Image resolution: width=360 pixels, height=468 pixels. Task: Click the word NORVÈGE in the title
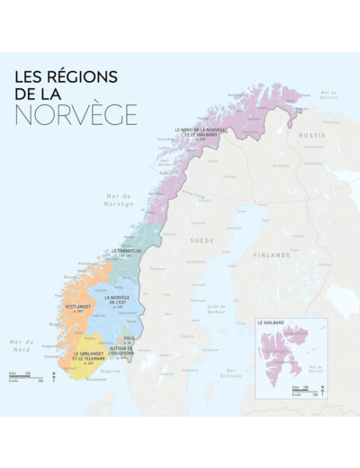(x=76, y=114)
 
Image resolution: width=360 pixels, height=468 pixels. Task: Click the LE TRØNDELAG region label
(x=128, y=252)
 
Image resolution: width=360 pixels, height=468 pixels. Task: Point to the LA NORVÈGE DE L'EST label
(x=121, y=300)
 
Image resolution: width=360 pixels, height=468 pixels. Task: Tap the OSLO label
(x=130, y=341)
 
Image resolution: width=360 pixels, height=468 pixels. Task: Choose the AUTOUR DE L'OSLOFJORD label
(x=121, y=350)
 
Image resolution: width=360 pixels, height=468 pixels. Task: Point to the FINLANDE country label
(x=272, y=255)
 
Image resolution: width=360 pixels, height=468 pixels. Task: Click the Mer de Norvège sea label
(x=118, y=201)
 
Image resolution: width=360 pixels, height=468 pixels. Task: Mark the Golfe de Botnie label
(x=216, y=309)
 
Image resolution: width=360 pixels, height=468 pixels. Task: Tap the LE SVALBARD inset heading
(x=271, y=322)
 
